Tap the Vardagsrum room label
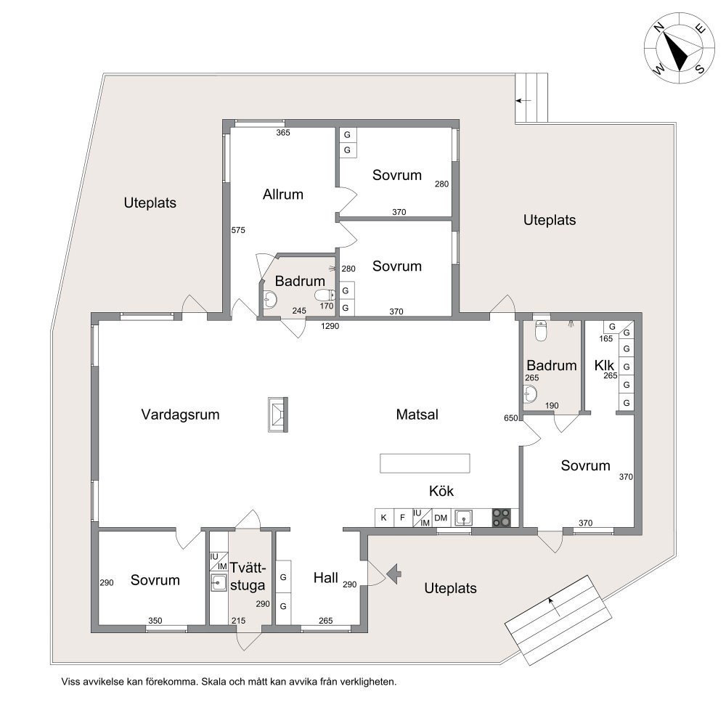(180, 415)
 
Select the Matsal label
(417, 415)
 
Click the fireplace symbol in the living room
(278, 415)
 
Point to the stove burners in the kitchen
(501, 518)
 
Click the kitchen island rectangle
(425, 463)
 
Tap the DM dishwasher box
(441, 518)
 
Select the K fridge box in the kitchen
(384, 518)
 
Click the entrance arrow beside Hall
(394, 574)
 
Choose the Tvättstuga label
(248, 576)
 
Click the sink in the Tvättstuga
(219, 582)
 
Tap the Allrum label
(283, 195)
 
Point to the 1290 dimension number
(330, 326)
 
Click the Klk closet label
(604, 365)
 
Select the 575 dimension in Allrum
(238, 230)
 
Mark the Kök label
(441, 491)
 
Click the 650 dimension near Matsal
(510, 418)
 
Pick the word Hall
(325, 578)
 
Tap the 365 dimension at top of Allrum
(283, 132)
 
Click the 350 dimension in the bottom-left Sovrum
(155, 621)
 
